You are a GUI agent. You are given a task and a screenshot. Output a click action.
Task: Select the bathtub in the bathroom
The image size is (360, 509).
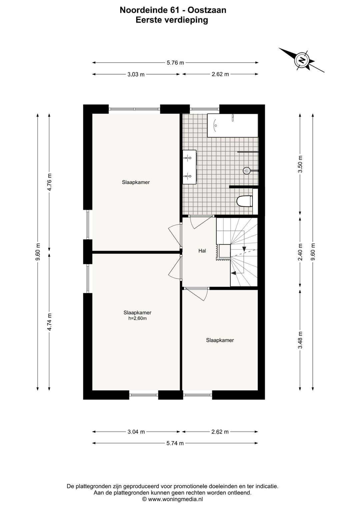click(x=233, y=125)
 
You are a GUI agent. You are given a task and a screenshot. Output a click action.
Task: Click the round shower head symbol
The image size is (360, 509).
click(x=246, y=170)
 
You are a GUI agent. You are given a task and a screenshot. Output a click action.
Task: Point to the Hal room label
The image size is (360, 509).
click(x=202, y=250)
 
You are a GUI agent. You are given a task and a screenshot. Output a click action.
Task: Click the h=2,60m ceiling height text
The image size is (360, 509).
click(x=137, y=318)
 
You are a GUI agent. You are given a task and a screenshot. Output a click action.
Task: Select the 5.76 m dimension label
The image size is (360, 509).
click(x=175, y=63)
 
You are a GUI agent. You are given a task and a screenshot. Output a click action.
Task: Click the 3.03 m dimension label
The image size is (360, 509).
click(x=136, y=74)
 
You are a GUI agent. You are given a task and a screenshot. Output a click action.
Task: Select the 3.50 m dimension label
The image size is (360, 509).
click(x=300, y=164)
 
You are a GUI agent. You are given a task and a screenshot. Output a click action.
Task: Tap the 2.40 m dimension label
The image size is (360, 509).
click(x=300, y=252)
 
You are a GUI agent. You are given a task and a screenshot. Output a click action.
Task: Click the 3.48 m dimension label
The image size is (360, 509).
click(x=300, y=340)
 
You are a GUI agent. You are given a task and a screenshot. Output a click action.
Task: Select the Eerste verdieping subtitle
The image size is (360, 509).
click(x=172, y=20)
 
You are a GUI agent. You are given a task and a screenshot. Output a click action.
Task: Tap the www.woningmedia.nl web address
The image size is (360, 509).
click(x=175, y=499)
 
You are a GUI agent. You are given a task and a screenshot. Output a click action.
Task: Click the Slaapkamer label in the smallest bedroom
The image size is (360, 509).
click(x=220, y=340)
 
